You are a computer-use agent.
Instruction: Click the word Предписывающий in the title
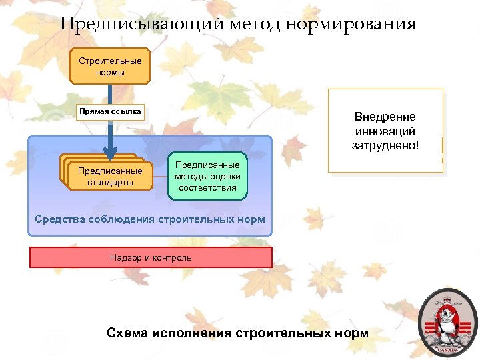[x=141, y=25]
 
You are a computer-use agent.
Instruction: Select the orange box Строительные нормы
[x=110, y=66]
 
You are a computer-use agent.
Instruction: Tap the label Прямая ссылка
[x=110, y=111]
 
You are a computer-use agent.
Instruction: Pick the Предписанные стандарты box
[x=109, y=177]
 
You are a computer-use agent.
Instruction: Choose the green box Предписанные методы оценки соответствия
[x=207, y=177]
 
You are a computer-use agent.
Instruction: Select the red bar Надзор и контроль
[x=151, y=257]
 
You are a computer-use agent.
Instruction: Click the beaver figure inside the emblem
[x=447, y=323]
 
